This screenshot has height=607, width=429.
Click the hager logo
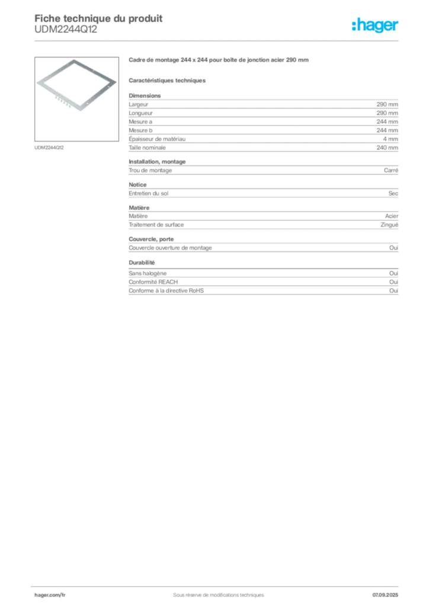click(x=375, y=25)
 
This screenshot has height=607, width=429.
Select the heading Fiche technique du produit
click(x=98, y=18)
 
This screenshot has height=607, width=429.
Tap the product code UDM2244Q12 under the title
click(x=66, y=30)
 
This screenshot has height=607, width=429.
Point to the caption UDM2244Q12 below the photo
click(x=49, y=148)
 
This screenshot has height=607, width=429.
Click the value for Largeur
click(x=387, y=104)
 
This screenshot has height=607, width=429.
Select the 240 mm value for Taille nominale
click(x=387, y=148)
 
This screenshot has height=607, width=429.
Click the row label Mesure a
click(x=140, y=122)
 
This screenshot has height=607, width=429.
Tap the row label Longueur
click(x=141, y=113)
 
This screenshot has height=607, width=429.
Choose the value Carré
click(x=391, y=170)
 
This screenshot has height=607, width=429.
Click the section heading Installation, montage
click(x=157, y=162)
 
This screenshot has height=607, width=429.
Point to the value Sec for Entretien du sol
click(x=393, y=193)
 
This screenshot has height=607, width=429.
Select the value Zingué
click(x=389, y=225)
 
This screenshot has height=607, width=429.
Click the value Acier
click(x=392, y=216)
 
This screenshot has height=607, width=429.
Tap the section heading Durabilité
click(x=142, y=263)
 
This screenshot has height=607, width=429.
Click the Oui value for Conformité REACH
click(x=394, y=282)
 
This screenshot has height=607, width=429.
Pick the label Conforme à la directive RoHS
click(x=167, y=290)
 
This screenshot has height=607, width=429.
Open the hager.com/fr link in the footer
click(x=50, y=595)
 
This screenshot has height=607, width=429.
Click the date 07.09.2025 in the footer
click(x=385, y=595)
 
